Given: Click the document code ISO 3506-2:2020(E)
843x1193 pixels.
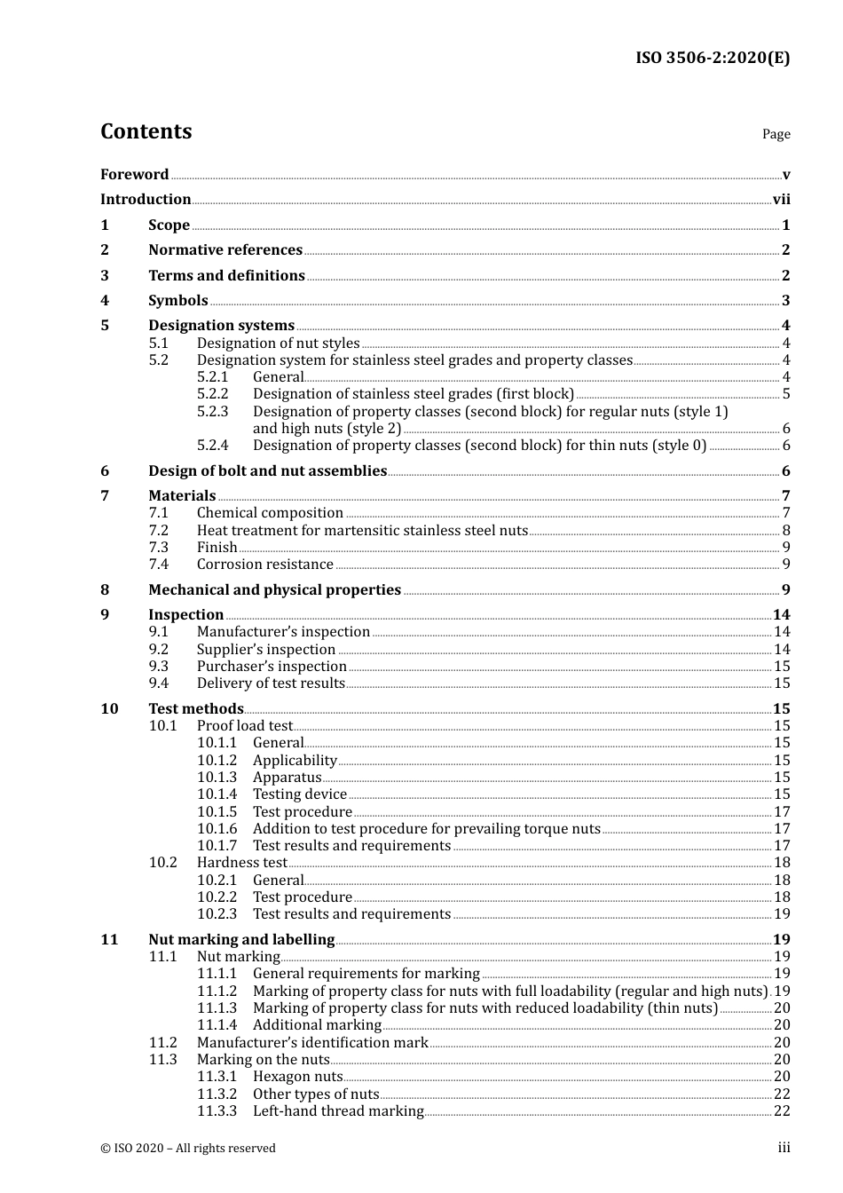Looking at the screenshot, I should pos(713,59).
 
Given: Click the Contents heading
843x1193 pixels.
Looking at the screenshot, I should pos(146,131).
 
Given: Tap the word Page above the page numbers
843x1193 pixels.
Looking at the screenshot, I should pos(776,134).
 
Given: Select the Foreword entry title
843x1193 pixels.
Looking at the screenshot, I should pos(134,175).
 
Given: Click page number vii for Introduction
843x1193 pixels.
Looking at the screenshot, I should pos(781,200).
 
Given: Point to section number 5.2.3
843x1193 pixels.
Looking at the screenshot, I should pos(212,412).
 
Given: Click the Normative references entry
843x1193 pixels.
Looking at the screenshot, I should pos(225,250).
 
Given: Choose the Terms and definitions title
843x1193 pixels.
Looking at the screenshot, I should pos(226,276).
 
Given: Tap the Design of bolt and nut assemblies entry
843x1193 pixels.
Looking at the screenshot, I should pos(267,471).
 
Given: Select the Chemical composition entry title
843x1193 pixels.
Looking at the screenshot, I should pos(270,513).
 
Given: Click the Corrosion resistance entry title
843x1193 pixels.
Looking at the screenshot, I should pos(264,565).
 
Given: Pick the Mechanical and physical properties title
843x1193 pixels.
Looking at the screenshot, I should pos(274,590).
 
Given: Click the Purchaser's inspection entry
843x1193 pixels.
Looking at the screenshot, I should pos(272,667).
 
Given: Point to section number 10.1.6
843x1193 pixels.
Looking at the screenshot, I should pos(217,829).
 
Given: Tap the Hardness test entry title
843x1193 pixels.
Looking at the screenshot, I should pos(241,863).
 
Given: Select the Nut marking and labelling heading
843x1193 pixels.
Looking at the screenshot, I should pos(241,940).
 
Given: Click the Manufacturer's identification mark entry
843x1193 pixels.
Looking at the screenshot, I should pos(312,1043).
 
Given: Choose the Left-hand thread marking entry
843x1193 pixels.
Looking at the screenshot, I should pos(338,1111).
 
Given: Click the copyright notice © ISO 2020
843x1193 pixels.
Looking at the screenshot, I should pos(187,1149).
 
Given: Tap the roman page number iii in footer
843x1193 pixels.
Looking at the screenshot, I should pos(784,1148).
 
